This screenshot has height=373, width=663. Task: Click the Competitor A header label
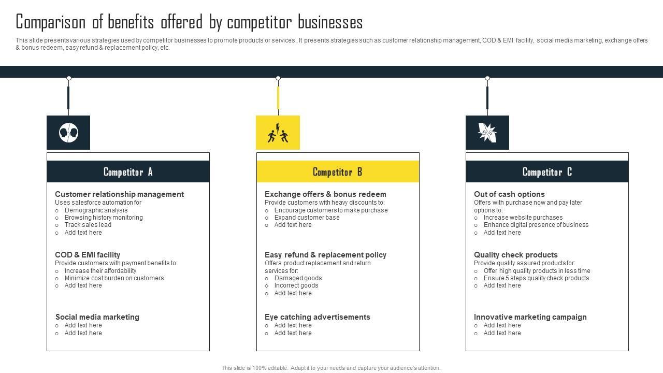(128, 172)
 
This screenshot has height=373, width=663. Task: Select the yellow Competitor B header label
(337, 172)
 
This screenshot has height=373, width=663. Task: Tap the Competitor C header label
(547, 172)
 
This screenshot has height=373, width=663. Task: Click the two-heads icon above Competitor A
(68, 133)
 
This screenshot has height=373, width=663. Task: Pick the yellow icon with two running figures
(278, 133)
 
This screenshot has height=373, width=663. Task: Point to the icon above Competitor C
(487, 133)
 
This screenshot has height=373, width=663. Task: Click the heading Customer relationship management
(119, 194)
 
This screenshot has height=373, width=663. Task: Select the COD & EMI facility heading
(88, 255)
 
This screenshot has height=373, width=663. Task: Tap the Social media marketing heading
(97, 317)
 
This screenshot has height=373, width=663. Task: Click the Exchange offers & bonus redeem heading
(325, 194)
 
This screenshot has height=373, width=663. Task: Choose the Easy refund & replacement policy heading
(325, 255)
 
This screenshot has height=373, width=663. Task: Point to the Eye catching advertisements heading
(317, 317)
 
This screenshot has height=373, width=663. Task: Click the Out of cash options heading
(509, 194)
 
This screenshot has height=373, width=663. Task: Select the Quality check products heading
(515, 255)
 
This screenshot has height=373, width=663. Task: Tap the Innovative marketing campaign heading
(530, 317)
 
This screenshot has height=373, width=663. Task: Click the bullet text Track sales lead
(88, 225)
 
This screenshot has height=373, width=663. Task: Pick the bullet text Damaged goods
(298, 278)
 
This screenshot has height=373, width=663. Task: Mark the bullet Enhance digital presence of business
(536, 225)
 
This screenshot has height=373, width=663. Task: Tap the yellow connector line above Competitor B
(278, 97)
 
